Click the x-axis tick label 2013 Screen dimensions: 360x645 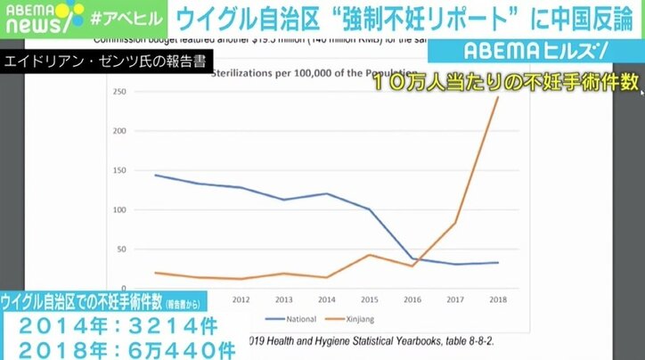click(283, 299)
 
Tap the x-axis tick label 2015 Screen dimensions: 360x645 click(369, 299)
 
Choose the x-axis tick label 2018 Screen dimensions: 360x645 click(497, 299)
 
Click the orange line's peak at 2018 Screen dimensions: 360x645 click(497, 97)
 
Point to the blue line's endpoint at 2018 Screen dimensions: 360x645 click(497, 262)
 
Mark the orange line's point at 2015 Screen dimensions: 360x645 click(369, 255)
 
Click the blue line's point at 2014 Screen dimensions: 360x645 click(326, 193)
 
